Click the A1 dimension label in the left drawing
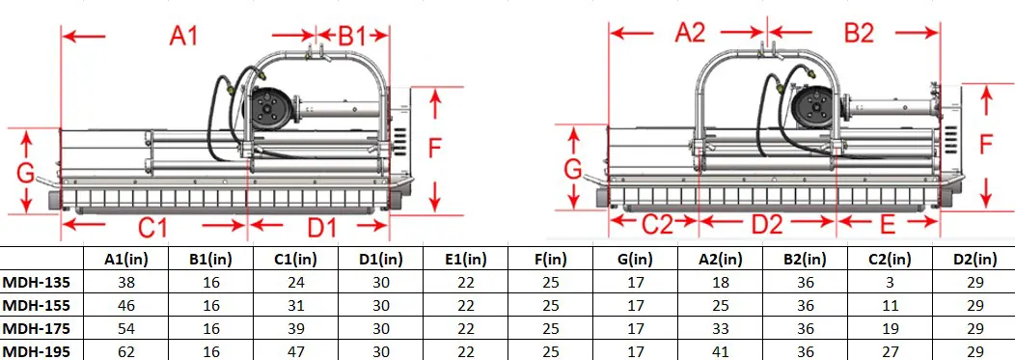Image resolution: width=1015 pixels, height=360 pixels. (x=183, y=36)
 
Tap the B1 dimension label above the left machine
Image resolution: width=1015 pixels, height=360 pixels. (x=352, y=36)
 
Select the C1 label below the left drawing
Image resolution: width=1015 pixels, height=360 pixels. (x=152, y=228)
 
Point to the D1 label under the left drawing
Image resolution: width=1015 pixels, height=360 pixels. (x=321, y=228)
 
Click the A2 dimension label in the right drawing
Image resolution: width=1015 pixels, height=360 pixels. (x=690, y=32)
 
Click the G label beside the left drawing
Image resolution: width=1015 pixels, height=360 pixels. (x=27, y=174)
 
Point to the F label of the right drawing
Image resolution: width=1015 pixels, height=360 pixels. (x=985, y=145)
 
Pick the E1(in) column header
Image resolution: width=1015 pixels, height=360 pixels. (x=458, y=258)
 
